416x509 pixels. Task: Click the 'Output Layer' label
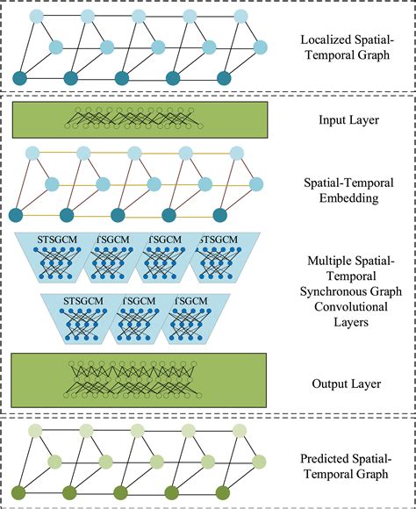point(346,383)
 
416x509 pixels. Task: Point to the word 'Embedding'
point(346,197)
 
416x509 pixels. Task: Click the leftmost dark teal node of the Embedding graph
point(16,216)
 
